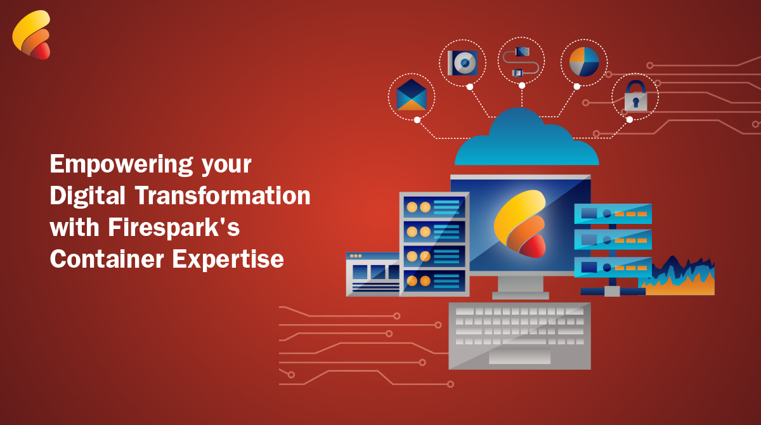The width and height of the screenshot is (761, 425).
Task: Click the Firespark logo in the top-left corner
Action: (31, 35)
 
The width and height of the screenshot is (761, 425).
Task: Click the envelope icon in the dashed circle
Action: (412, 95)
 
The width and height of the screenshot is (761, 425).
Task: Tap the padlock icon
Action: (635, 96)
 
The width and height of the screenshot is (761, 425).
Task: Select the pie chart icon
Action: (584, 62)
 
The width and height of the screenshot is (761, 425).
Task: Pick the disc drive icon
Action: (462, 63)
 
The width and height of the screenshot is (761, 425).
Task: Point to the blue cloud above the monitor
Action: (526, 140)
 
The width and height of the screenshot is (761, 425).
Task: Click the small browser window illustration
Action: (372, 274)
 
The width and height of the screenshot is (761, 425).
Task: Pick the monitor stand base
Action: (520, 295)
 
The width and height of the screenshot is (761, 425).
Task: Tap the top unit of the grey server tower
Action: (434, 207)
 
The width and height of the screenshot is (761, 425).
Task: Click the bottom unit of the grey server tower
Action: (434, 280)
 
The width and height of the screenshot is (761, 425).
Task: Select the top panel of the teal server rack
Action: (613, 214)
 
